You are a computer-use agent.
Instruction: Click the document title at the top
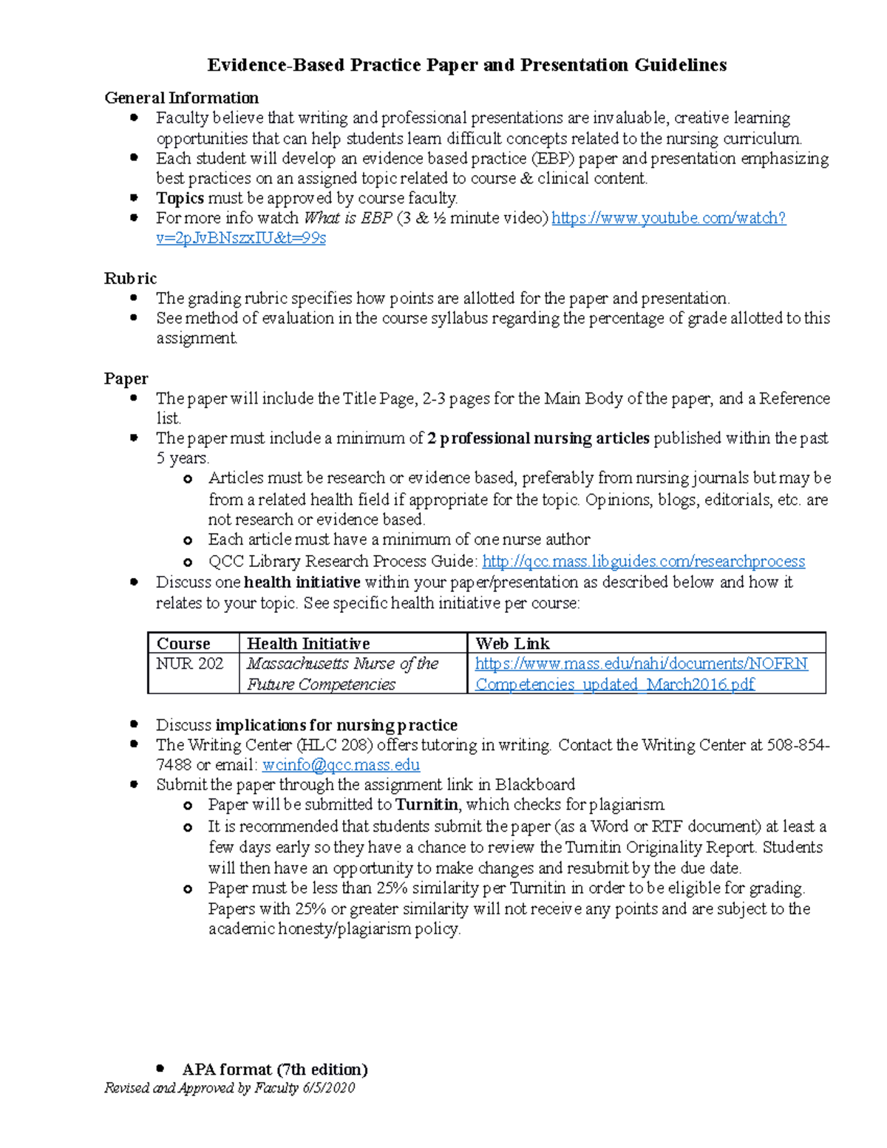pyautogui.click(x=466, y=65)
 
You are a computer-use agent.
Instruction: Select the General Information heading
pyautogui.click(x=181, y=98)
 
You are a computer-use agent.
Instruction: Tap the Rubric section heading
pyautogui.click(x=130, y=278)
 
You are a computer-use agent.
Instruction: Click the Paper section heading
pyautogui.click(x=126, y=378)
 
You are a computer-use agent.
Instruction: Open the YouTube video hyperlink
pyautogui.click(x=668, y=218)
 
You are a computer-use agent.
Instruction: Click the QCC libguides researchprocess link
pyautogui.click(x=643, y=562)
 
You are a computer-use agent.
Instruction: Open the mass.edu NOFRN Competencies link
pyautogui.click(x=641, y=664)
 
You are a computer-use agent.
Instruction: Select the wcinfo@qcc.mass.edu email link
pyautogui.click(x=341, y=765)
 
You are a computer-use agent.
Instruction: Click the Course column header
pyautogui.click(x=183, y=643)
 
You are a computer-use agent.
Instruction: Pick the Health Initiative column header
pyautogui.click(x=308, y=643)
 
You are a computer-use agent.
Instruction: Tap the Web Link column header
pyautogui.click(x=512, y=643)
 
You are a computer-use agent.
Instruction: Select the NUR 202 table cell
pyautogui.click(x=189, y=664)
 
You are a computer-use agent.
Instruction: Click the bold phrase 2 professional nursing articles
pyautogui.click(x=538, y=438)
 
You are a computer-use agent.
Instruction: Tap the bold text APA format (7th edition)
pyautogui.click(x=275, y=1069)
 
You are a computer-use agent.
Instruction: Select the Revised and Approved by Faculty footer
pyautogui.click(x=229, y=1088)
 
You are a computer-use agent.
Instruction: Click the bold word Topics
pyautogui.click(x=180, y=198)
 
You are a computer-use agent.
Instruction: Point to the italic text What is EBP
pyautogui.click(x=347, y=218)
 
